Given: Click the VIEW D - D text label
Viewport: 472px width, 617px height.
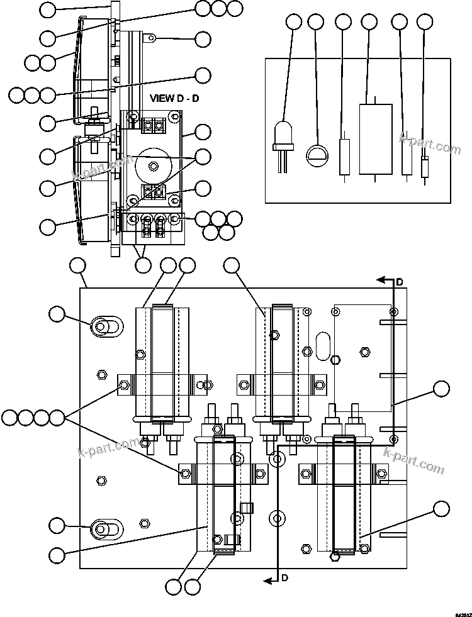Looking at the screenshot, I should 174,99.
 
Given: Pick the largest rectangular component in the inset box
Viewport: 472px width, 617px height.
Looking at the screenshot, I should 376,138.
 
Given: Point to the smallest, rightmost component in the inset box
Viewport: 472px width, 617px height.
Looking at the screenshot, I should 425,167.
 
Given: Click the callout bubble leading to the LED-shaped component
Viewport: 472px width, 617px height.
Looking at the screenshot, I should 294,22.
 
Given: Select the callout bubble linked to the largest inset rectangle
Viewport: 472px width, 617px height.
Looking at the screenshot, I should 369,22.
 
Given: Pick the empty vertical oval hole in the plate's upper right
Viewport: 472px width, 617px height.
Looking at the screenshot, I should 322,346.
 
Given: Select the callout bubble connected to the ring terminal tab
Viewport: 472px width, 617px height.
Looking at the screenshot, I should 203,39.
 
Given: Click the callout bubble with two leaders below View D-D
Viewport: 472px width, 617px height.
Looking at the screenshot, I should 143,265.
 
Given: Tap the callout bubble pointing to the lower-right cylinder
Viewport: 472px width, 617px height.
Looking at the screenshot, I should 442,508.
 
